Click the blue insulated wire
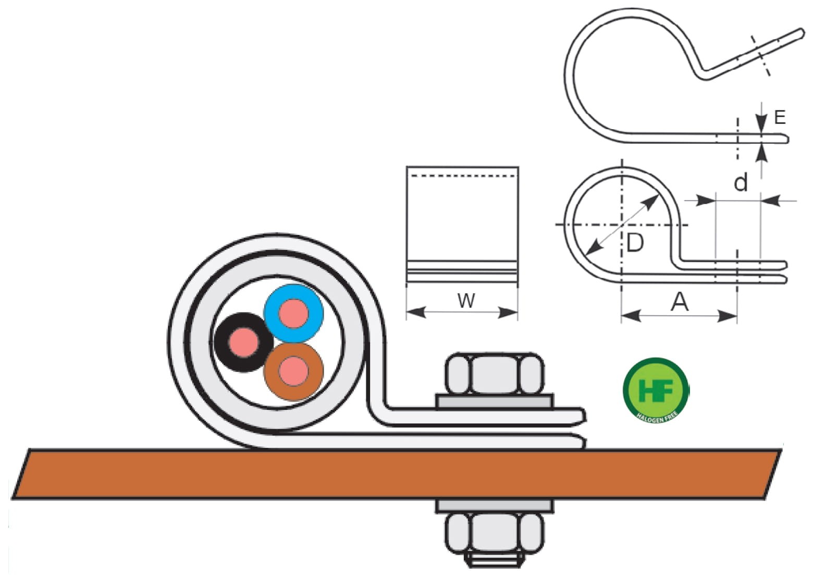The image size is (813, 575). coord(294,314)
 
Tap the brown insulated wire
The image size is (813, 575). coord(293,372)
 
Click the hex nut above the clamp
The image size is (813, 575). coord(495,373)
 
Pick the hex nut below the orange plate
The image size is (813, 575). coord(495,534)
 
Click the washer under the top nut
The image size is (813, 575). coord(495,402)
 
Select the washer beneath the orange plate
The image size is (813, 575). coord(495,506)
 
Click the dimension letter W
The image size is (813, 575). coord(466,301)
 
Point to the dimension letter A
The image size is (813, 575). coord(680,302)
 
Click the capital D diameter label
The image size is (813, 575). coord(635,243)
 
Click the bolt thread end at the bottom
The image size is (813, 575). coord(495,562)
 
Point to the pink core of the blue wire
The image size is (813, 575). coord(294,314)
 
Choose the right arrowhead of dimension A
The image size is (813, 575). coord(728,316)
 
